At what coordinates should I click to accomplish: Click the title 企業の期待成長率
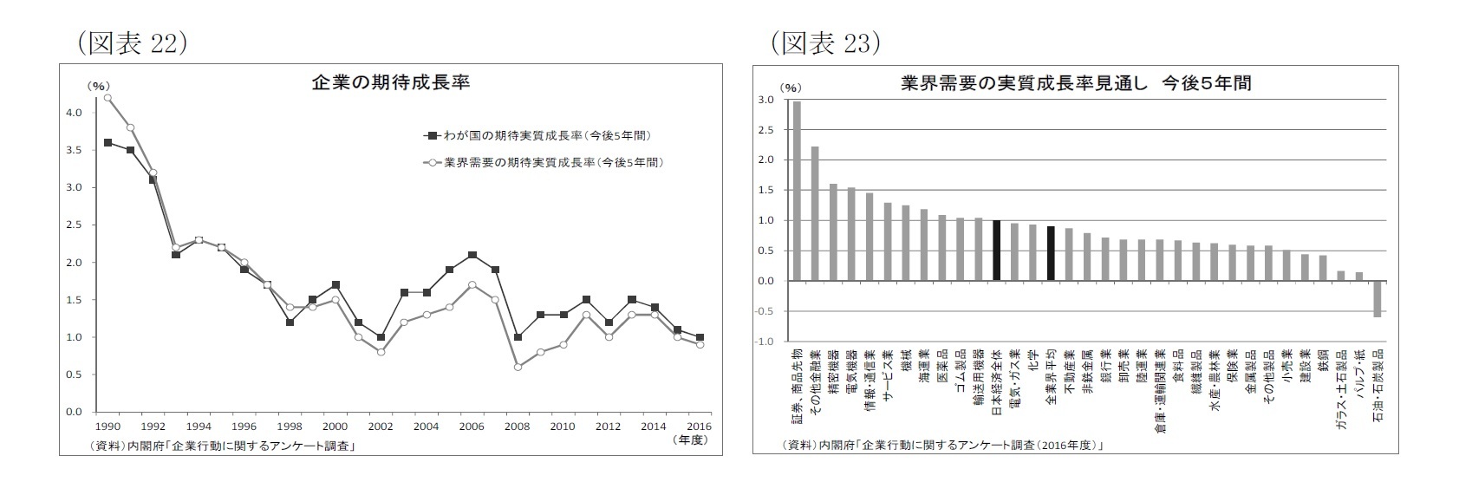[x=390, y=83]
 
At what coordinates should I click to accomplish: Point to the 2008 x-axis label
[x=517, y=427]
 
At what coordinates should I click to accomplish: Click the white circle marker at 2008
[x=518, y=367]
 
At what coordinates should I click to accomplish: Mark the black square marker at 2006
[x=472, y=255]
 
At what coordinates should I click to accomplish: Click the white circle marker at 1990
[x=107, y=97]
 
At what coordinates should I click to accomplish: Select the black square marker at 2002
[x=381, y=337]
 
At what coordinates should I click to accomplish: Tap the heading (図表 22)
[x=133, y=43]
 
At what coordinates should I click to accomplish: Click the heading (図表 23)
[x=825, y=43]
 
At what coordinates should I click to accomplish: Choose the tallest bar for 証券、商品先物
[x=797, y=191]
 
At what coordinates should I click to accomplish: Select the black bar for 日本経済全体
[x=996, y=251]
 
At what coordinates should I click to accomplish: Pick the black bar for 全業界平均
[x=1051, y=253]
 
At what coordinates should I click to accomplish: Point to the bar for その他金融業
[x=815, y=213]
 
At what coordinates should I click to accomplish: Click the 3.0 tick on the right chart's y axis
[x=765, y=101]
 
